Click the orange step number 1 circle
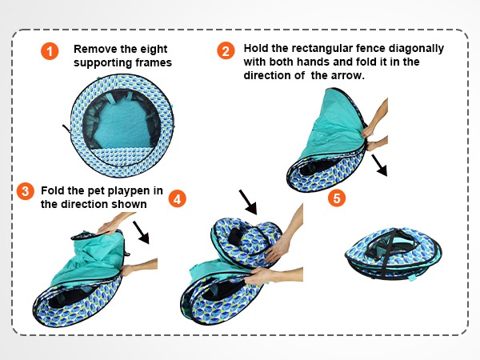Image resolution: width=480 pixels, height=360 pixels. (x=50, y=52)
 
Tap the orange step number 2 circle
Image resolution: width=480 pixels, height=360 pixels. (x=226, y=51)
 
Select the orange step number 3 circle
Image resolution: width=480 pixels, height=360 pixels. (x=26, y=191)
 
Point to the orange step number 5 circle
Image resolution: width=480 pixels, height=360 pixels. (x=337, y=197)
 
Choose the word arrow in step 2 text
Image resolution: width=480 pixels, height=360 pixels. (x=347, y=75)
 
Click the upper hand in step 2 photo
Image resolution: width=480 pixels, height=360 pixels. (x=376, y=115)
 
